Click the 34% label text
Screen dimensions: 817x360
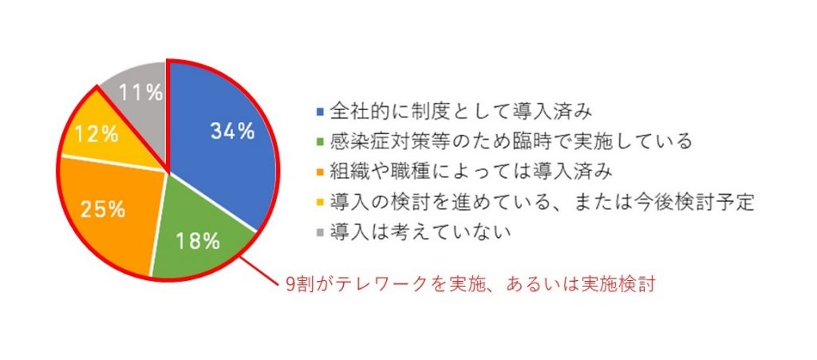(x=232, y=131)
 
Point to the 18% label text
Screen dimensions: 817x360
(x=197, y=241)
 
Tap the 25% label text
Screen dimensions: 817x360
(x=103, y=209)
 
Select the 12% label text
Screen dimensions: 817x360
(x=97, y=136)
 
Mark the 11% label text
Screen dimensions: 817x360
(x=140, y=93)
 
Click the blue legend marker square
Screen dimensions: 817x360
(x=320, y=112)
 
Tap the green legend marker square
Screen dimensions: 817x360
(x=320, y=142)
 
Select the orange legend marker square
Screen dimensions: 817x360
(x=320, y=172)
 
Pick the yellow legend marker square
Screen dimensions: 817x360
(x=320, y=202)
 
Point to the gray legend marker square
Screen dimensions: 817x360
(x=320, y=232)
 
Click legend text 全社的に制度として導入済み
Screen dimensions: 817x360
(x=460, y=112)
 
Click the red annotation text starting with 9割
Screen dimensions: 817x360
(x=470, y=286)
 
